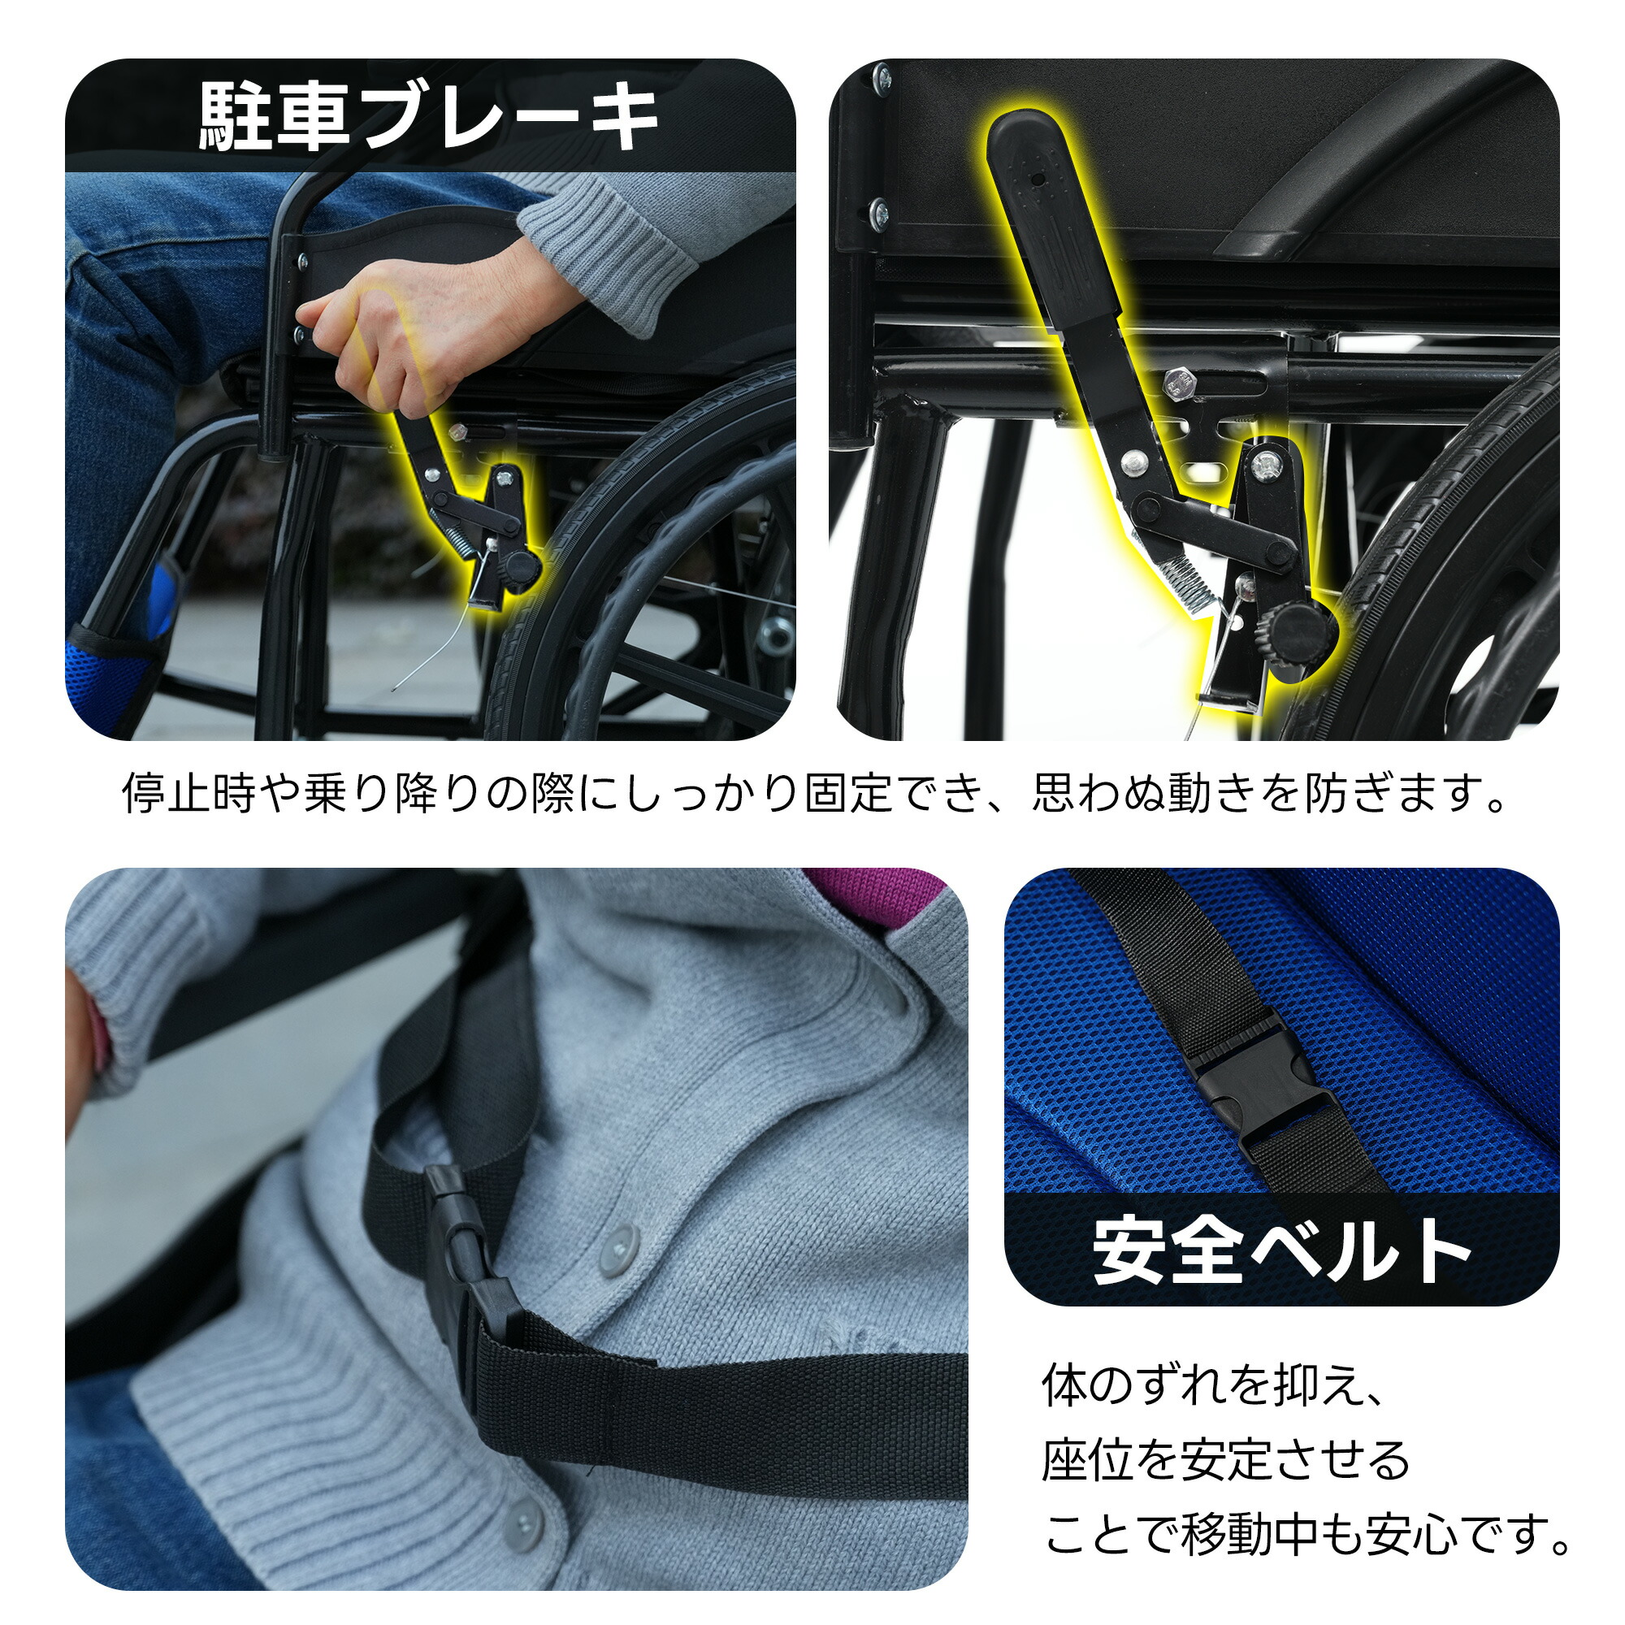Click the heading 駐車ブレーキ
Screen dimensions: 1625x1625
click(x=429, y=118)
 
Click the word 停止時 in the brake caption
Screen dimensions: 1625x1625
click(x=189, y=793)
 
